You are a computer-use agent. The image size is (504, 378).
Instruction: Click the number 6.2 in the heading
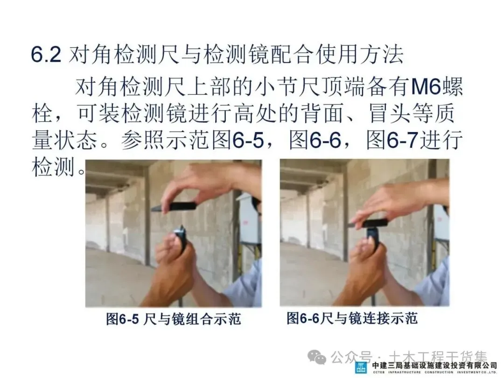[46, 55]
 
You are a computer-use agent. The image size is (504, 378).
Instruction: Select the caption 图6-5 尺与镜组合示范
[174, 319]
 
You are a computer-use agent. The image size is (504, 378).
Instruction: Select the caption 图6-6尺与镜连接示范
[352, 318]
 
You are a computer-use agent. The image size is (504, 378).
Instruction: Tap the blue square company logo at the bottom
[361, 368]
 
